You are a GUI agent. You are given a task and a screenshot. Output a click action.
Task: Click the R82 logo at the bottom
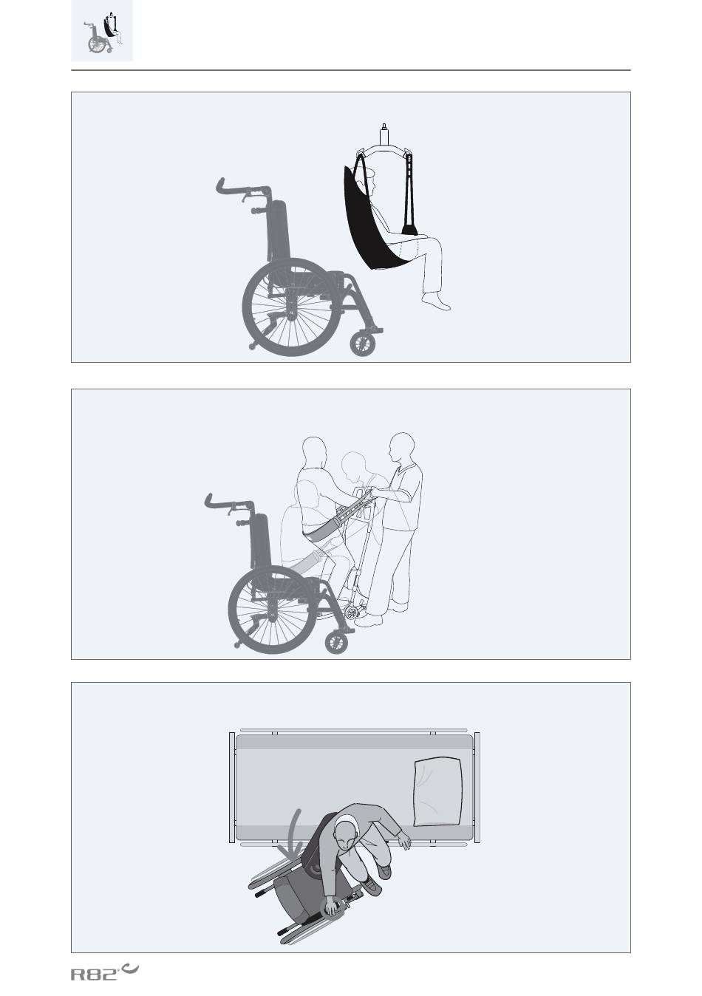pyautogui.click(x=104, y=970)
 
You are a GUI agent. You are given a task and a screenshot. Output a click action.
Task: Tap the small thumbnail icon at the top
pyautogui.click(x=102, y=31)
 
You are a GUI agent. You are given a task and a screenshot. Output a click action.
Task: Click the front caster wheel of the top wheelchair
pyautogui.click(x=363, y=344)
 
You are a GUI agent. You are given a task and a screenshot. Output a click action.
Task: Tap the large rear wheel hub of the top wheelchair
pyautogui.click(x=290, y=306)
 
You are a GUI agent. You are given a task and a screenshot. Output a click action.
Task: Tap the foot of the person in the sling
pyautogui.click(x=436, y=301)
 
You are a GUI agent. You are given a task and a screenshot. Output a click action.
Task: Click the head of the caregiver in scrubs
pyautogui.click(x=402, y=447)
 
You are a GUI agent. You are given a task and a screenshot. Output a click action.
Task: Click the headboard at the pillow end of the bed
pyautogui.click(x=477, y=788)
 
